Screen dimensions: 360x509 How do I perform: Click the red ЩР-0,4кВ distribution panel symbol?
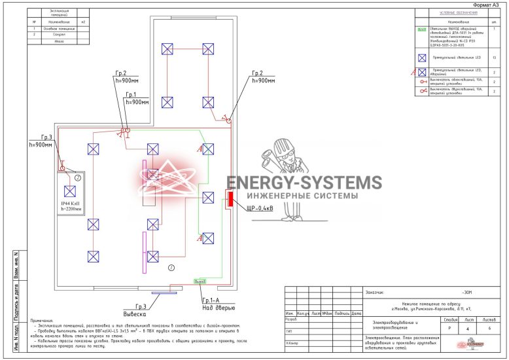pos(230,199)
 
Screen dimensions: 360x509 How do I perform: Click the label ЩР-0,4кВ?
pos(250,209)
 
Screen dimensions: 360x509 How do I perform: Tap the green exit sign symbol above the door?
pos(200,281)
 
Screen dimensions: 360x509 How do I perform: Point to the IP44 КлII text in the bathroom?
pos(71,204)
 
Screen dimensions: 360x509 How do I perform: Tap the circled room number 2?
pos(77,177)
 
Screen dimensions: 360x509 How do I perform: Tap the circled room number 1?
pos(171,268)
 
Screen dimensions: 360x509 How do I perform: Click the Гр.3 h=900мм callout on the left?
pos(41,141)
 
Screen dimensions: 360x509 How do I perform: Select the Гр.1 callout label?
pos(137,99)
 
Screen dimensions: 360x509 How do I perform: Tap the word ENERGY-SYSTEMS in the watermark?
pos(304,183)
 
